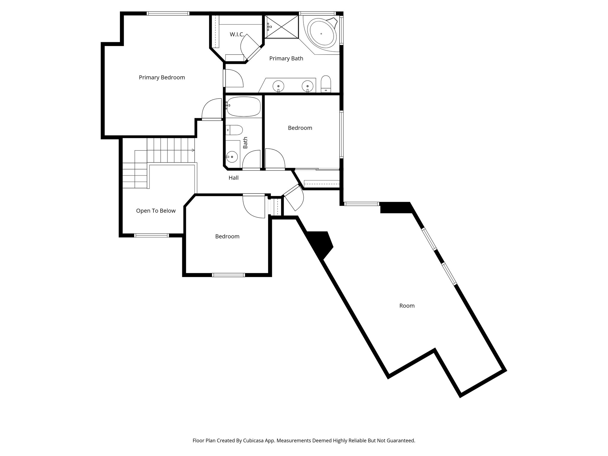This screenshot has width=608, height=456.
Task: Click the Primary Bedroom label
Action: tap(162, 77)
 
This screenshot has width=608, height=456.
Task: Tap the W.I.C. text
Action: tap(237, 35)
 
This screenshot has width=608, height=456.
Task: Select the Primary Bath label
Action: tap(286, 58)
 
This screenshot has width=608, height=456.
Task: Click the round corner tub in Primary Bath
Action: tap(322, 33)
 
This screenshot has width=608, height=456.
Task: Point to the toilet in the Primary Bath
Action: tap(326, 83)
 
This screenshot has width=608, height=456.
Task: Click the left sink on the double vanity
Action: tap(278, 86)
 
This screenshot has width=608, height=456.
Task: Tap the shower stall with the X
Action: tap(281, 27)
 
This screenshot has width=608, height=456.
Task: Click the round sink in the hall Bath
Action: tap(232, 157)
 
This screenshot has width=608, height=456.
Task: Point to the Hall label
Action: tap(234, 178)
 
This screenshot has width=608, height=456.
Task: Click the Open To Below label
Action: tap(156, 211)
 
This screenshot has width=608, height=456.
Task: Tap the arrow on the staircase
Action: tap(193, 150)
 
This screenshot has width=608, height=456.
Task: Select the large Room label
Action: tap(407, 306)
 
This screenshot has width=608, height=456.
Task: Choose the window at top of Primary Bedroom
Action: tap(168, 13)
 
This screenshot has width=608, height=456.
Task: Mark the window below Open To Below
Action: tap(151, 235)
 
